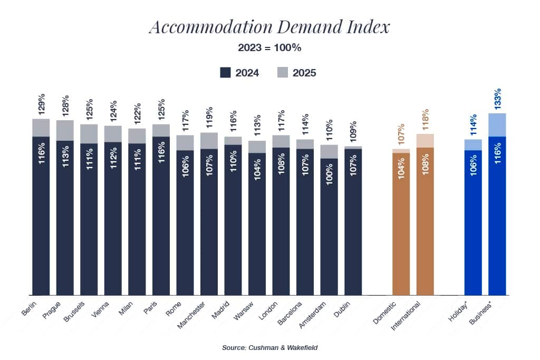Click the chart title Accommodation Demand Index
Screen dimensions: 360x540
[269, 27]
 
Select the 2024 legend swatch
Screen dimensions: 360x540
[226, 73]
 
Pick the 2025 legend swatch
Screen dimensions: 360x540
[282, 73]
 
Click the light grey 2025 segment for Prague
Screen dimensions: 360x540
[65, 130]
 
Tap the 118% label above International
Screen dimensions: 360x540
[426, 120]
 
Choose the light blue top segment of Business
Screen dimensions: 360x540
[497, 125]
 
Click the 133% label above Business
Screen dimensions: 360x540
[497, 99]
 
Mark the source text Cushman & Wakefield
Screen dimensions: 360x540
[269, 348]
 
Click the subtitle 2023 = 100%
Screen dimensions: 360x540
[269, 48]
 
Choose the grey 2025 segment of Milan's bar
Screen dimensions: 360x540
[137, 136]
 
